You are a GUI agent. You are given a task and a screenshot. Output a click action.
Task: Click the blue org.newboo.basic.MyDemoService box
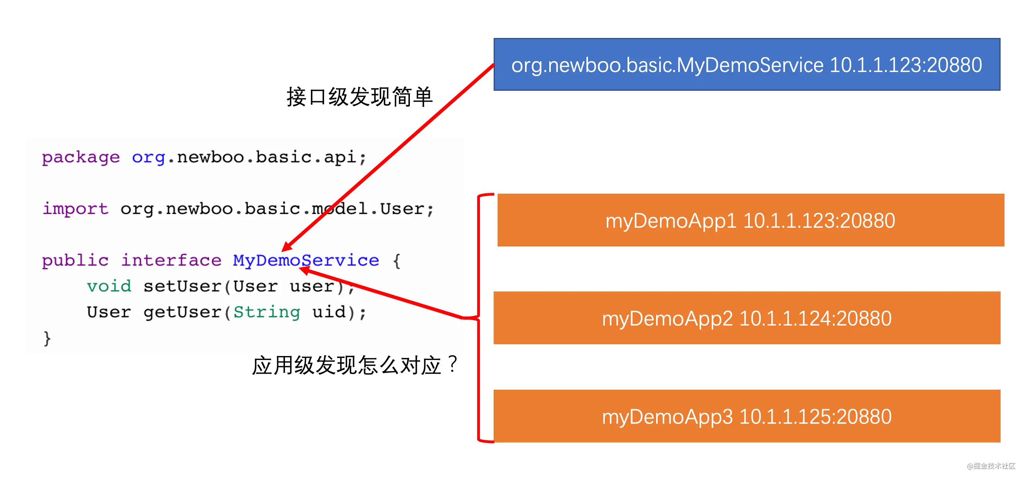pos(747,64)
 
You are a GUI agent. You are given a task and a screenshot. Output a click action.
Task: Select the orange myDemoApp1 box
pos(751,220)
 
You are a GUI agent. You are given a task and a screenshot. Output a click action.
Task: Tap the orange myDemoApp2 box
pos(747,318)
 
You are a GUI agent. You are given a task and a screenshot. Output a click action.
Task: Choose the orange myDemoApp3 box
pos(747,416)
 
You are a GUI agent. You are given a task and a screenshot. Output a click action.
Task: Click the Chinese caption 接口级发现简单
pos(359,97)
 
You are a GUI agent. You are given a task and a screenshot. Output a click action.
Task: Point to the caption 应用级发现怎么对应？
pos(355,365)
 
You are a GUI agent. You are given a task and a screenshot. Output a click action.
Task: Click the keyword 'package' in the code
pos(81,158)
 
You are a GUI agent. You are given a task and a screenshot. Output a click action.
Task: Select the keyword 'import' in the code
pos(76,208)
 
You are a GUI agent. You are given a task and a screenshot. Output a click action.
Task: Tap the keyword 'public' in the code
pos(75,260)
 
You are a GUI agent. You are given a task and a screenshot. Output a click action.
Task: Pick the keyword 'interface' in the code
pos(171,260)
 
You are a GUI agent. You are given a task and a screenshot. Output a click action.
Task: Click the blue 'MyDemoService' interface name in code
pos(306,260)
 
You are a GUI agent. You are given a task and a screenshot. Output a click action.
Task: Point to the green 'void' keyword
pos(109,286)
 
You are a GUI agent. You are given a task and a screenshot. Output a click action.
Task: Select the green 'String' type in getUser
pos(267,312)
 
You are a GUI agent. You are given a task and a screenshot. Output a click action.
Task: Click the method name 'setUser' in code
pos(182,286)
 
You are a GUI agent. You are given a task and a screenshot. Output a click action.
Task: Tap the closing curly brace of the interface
pos(47,338)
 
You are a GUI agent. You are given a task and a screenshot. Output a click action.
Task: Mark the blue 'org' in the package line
pos(148,158)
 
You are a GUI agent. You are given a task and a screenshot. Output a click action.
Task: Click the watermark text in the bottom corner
pos(991,466)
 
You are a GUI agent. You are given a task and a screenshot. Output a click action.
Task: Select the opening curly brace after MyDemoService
pos(397,261)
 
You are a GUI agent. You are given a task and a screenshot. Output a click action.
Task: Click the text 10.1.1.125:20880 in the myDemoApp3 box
pos(815,416)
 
